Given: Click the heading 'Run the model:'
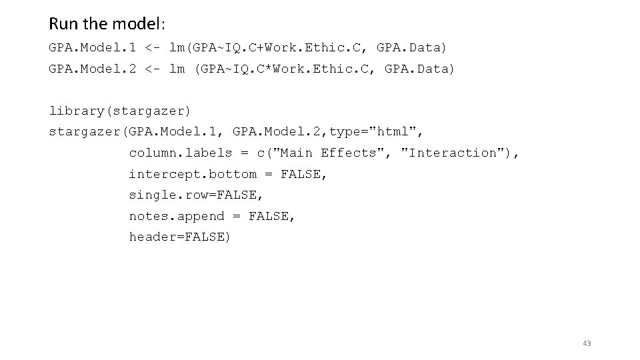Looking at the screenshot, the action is tap(107, 24).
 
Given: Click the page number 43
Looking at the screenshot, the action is tap(587, 343).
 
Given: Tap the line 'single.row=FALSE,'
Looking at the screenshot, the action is tap(197, 195).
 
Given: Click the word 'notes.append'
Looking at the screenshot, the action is tap(177, 216).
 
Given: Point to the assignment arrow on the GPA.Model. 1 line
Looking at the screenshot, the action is tap(152, 48).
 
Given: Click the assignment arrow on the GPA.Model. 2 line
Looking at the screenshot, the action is tap(152, 69).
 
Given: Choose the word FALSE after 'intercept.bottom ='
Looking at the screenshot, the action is tap(304, 174).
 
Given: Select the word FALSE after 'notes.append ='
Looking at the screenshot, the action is tap(272, 216).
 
